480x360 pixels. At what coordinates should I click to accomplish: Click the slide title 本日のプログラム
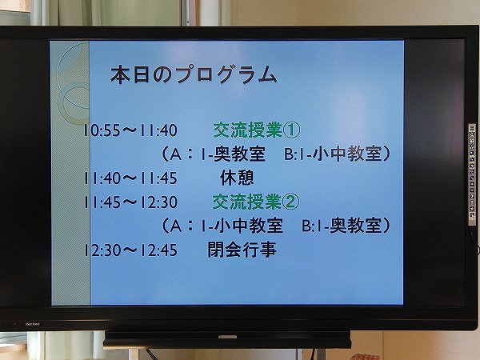coord(194,74)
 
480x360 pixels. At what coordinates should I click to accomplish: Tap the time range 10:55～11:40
coord(130,130)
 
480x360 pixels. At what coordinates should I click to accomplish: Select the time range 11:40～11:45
coord(130,178)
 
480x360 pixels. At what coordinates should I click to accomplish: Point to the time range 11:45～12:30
coord(130,202)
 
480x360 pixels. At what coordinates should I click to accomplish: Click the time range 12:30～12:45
coord(130,250)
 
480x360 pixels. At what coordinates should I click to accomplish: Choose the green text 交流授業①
coord(257,130)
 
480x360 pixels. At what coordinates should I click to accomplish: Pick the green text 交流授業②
coord(256,202)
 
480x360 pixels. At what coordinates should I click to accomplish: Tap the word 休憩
coord(237,178)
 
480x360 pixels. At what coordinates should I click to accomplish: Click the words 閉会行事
coord(242,250)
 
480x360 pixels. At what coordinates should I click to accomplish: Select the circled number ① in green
coord(291,130)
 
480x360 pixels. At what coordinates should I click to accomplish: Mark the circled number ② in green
coord(291,202)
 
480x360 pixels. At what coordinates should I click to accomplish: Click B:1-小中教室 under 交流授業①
coord(334,154)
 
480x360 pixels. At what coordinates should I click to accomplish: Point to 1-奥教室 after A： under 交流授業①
coord(232,154)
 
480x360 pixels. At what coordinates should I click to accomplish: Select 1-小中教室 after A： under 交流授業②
coord(242,226)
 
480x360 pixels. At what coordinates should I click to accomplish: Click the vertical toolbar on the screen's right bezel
coord(472,174)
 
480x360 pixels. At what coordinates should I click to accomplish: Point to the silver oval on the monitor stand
coord(227,337)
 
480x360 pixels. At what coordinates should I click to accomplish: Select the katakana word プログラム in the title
coord(226,74)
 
